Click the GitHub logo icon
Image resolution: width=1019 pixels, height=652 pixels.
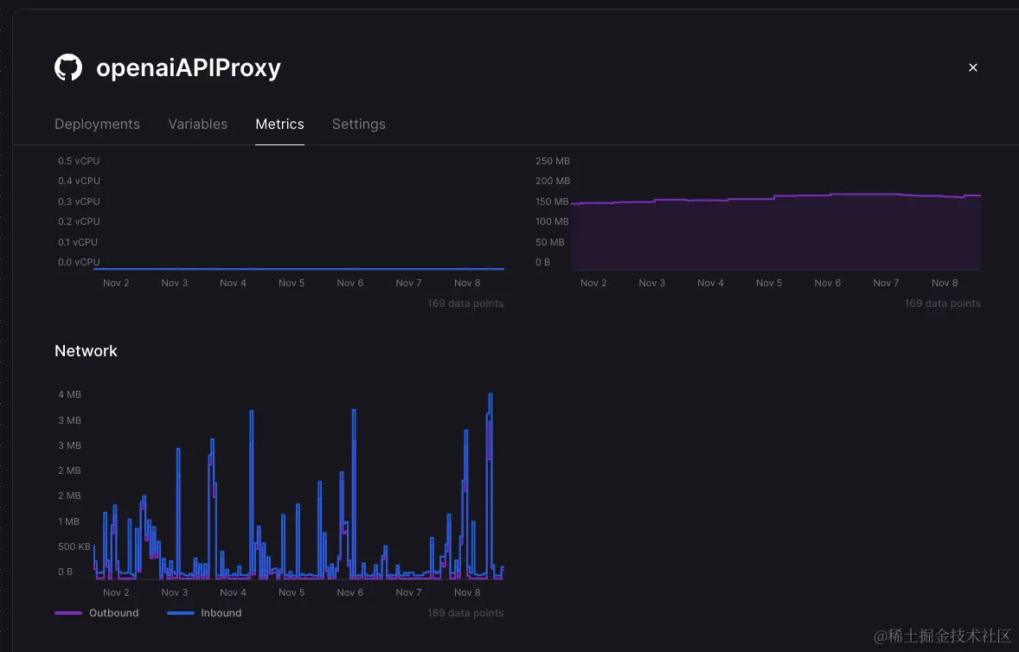68,67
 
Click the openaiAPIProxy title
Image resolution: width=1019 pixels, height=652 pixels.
189,67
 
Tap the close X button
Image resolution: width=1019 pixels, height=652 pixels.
972,67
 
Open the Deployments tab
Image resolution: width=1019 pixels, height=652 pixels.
97,124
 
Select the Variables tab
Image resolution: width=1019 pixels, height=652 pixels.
198,124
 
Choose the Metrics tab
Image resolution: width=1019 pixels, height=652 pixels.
279,124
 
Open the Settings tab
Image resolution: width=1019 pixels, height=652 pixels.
359,124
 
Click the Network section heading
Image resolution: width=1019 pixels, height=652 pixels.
86,350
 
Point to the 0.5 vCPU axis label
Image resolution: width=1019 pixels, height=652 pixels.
79,161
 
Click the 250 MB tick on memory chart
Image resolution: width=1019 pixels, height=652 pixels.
553,161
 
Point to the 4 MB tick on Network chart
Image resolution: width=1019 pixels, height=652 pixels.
69,394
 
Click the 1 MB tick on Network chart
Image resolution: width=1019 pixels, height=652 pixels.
69,521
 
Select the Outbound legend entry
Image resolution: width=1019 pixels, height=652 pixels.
113,613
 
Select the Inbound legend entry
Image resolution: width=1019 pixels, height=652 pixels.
221,613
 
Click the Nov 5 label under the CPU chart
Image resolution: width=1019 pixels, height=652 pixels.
292,283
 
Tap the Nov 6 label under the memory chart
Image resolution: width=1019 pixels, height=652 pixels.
828,283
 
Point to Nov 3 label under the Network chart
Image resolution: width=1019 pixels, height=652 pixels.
175,592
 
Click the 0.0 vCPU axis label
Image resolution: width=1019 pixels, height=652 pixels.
79,262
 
